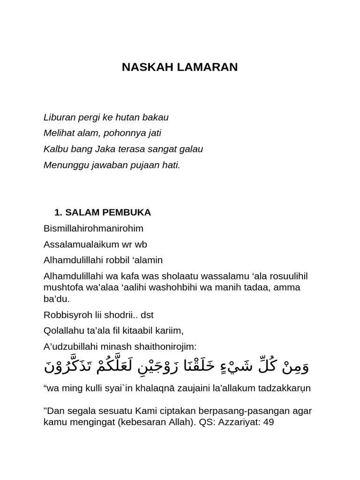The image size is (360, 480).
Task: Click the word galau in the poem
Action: tap(192, 149)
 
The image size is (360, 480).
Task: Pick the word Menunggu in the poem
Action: tap(63, 165)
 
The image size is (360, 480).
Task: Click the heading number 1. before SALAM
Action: tap(58, 212)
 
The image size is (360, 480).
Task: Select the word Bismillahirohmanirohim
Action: tap(93, 228)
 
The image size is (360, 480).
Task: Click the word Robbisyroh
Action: tap(66, 315)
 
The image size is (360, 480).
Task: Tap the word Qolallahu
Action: tap(63, 330)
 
